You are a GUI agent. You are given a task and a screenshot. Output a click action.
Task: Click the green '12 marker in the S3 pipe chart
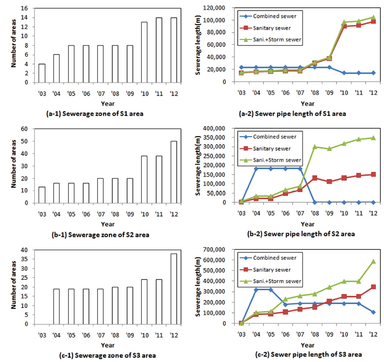(x=373, y=261)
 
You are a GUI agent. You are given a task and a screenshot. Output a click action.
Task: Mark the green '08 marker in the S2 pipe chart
(x=314, y=147)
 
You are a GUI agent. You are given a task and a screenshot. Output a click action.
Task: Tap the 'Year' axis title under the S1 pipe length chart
(x=307, y=103)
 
